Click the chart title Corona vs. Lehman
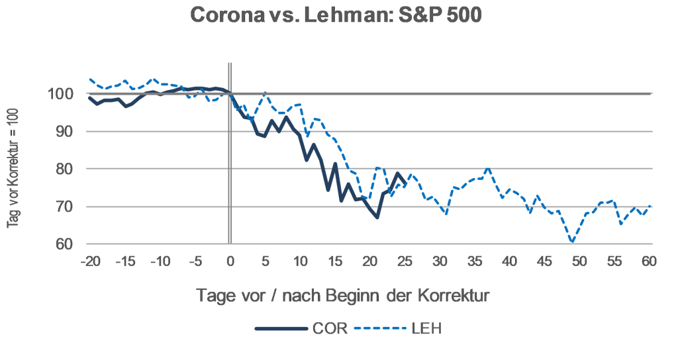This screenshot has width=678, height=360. click(x=335, y=17)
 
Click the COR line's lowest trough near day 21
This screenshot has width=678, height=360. click(x=377, y=218)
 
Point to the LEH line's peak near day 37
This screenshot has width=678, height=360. click(x=488, y=169)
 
